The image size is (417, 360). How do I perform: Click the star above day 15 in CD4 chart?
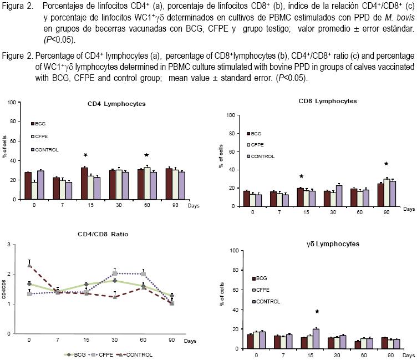coord(85,155)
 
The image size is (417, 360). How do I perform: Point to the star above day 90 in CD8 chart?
coord(387,164)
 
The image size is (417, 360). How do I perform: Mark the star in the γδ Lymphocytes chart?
coord(317,312)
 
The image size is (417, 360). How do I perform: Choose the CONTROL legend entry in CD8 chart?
coord(261,156)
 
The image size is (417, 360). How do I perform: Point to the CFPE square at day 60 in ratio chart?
coord(144,274)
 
